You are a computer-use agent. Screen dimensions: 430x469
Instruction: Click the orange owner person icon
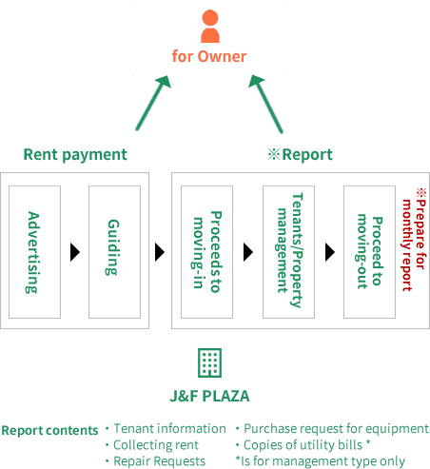click(x=210, y=26)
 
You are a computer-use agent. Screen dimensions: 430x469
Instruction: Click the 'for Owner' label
click(x=209, y=56)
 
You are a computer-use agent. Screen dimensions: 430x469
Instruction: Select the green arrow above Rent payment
click(x=153, y=103)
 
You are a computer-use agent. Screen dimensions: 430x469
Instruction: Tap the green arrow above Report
click(x=265, y=104)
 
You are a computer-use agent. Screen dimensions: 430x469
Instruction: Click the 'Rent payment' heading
click(x=75, y=155)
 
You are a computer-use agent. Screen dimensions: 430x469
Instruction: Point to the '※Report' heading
click(x=300, y=155)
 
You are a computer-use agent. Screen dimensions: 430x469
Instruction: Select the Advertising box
click(x=34, y=252)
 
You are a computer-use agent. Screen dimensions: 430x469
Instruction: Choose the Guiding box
click(x=114, y=252)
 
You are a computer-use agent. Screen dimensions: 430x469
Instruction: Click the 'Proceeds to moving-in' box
click(x=206, y=252)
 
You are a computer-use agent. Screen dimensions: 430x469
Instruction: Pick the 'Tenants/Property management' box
click(x=288, y=252)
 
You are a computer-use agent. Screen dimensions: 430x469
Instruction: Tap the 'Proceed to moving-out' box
click(x=369, y=252)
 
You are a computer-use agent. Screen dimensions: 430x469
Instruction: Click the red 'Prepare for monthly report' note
click(x=414, y=240)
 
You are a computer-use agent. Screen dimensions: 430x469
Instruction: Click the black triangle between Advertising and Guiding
click(x=75, y=252)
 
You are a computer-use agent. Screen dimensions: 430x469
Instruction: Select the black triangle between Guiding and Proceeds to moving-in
click(x=160, y=252)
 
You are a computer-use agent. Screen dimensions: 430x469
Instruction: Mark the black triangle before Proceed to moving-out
click(x=330, y=252)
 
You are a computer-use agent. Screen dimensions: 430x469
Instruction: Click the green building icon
click(x=209, y=362)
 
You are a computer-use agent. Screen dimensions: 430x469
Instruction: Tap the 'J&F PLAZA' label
click(x=209, y=396)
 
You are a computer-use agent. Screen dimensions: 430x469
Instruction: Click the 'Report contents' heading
click(x=49, y=431)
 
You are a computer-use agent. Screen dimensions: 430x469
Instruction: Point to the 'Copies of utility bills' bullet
click(x=303, y=445)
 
